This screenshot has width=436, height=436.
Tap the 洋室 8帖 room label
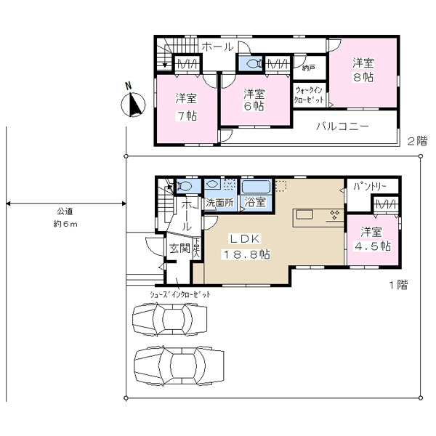363,70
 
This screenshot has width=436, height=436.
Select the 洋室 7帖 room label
186,107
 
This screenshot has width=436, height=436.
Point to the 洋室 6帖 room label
254,100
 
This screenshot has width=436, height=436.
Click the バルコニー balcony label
342,126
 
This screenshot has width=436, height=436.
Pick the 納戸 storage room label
308,68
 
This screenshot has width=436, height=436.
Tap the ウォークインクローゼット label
309,94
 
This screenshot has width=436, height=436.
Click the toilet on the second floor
254,63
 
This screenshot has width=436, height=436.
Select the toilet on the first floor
183,186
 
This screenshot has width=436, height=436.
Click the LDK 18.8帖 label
246,246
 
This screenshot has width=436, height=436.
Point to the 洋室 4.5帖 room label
372,239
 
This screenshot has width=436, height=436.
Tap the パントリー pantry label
369,187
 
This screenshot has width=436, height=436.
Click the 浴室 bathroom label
255,202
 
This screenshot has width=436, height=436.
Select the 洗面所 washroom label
219,203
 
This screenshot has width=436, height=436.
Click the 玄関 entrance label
179,249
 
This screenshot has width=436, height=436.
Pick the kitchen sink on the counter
304,215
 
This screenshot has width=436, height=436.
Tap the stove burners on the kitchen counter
334,214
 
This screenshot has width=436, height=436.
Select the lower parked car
179,365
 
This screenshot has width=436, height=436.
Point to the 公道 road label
65,211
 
